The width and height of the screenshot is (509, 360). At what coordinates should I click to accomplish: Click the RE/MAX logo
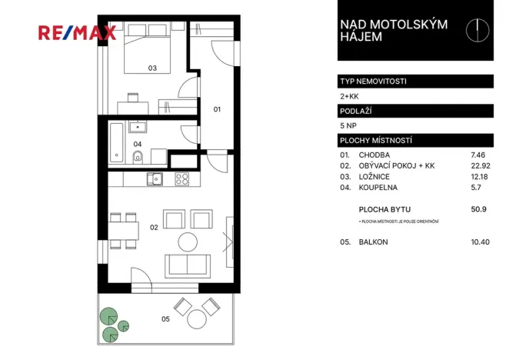78,32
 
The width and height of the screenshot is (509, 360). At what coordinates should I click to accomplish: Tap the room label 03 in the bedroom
152,68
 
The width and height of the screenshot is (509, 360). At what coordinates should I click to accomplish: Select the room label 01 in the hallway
217,109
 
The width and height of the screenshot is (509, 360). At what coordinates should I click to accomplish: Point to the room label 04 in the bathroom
138,143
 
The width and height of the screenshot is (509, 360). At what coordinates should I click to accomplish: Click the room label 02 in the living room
153,228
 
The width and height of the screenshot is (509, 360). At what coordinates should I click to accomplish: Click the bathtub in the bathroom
115,142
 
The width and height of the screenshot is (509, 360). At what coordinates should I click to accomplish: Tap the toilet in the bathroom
137,158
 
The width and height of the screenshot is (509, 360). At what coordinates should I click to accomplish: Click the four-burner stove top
183,178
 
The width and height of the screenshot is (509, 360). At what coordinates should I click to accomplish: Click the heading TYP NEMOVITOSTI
373,81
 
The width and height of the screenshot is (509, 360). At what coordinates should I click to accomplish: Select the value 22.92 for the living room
479,165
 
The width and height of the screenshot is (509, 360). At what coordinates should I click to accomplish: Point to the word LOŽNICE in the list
375,177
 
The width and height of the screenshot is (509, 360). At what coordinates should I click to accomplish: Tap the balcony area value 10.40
479,242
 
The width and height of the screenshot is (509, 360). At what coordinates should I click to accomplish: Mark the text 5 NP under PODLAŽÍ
348,125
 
